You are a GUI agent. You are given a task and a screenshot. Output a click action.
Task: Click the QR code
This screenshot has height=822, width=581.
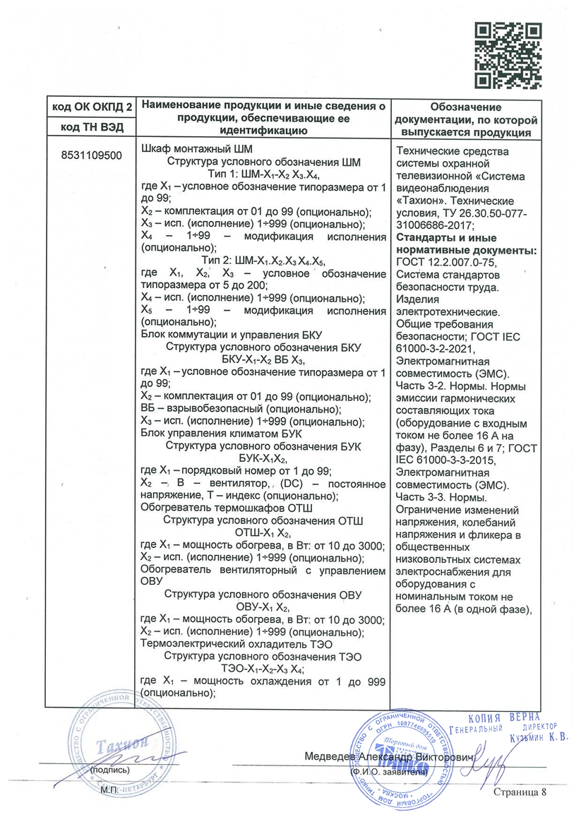click(x=508, y=55)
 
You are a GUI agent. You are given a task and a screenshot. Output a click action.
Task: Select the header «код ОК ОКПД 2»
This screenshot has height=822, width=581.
click(x=92, y=107)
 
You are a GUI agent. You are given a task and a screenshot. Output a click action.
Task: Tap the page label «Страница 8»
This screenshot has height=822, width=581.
click(x=520, y=792)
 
